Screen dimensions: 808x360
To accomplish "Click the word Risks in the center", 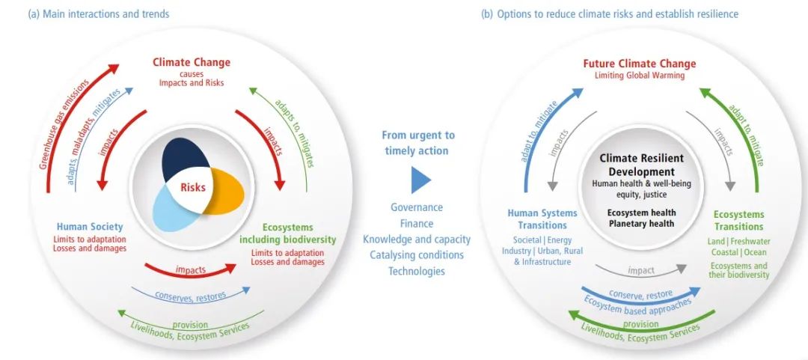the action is pyautogui.click(x=193, y=187).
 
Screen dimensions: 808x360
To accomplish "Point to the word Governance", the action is pyautogui.click(x=417, y=207).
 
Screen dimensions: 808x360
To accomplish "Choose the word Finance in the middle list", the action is pyautogui.click(x=417, y=223).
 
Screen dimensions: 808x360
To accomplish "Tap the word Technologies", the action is pyautogui.click(x=417, y=271).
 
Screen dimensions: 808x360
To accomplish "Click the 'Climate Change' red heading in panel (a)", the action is pyautogui.click(x=192, y=62).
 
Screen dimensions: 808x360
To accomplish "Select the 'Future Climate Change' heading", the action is pyautogui.click(x=640, y=64).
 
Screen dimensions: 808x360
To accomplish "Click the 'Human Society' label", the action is pyautogui.click(x=90, y=227).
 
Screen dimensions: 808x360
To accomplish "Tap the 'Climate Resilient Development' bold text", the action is pyautogui.click(x=641, y=165).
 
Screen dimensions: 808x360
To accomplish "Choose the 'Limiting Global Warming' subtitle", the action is pyautogui.click(x=640, y=76).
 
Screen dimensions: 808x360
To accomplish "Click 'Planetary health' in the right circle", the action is pyautogui.click(x=641, y=223).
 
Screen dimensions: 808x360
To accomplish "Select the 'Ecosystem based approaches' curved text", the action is pyautogui.click(x=637, y=305).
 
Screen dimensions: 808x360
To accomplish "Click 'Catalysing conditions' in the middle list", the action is pyautogui.click(x=417, y=254).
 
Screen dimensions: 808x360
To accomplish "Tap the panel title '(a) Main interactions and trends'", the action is pyautogui.click(x=98, y=14).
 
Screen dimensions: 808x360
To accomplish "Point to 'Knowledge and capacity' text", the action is pyautogui.click(x=417, y=240).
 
